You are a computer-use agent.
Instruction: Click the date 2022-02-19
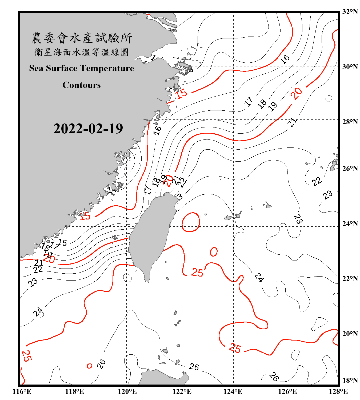[x=88, y=129]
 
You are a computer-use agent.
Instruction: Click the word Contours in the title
[x=82, y=85]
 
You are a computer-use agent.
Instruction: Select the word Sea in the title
[x=36, y=68]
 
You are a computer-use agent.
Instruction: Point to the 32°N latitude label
[x=350, y=12]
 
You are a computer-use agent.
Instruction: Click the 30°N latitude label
[x=350, y=67]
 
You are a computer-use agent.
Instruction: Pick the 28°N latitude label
[x=350, y=122]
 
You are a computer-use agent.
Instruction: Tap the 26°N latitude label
[x=350, y=169]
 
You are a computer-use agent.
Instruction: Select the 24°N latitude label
[x=350, y=224]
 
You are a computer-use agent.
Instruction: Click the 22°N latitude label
[x=350, y=279]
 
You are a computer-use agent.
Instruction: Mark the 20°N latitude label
[x=350, y=334]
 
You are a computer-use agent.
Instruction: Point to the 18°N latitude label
[x=350, y=381]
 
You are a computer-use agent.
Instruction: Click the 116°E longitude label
[x=22, y=391]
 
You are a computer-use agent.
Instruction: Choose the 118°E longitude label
[x=74, y=391]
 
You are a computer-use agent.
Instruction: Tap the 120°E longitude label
[x=127, y=391]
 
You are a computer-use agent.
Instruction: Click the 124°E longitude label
[x=233, y=391]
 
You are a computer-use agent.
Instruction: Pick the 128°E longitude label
[x=338, y=391]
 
